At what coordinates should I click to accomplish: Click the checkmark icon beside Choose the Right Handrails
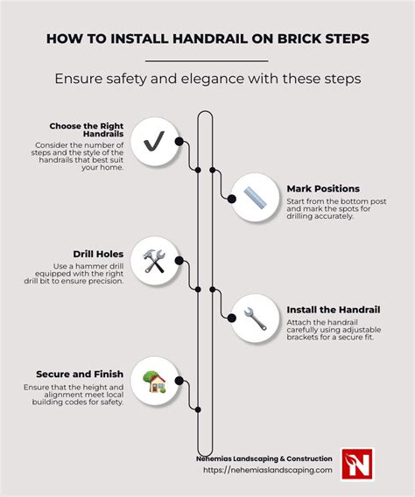154,140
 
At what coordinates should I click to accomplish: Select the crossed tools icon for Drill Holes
154,261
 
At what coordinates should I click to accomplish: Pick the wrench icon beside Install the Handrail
256,318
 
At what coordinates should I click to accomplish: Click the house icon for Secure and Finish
154,381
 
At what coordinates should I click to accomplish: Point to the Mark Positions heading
322,188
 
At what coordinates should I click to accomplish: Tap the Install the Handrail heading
338,309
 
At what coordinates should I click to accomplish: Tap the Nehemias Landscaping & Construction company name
264,458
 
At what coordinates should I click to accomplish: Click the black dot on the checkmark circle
179,141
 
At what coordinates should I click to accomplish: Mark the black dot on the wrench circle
232,318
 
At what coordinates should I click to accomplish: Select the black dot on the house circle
179,381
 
